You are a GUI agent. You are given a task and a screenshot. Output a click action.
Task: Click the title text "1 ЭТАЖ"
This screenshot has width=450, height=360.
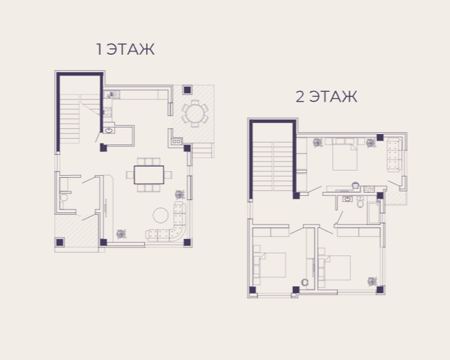pos(125,49)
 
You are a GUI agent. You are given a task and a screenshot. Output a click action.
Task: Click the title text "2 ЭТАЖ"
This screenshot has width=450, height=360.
pos(326,96)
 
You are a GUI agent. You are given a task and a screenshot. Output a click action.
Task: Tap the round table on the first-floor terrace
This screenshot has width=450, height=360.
pos(195,113)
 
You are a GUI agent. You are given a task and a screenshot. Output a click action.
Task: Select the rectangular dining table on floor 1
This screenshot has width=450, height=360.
pos(149,174)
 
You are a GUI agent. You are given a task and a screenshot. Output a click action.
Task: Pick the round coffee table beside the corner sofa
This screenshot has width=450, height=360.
pos(160,215)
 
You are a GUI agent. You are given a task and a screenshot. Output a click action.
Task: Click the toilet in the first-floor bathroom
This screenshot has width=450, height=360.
pos(64,197)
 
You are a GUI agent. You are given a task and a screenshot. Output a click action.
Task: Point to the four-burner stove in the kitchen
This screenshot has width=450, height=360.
pos(107,112)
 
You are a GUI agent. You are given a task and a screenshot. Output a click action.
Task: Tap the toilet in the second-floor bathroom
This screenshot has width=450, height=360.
pos(361,202)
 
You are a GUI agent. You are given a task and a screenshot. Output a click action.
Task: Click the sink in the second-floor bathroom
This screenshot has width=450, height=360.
pos(348,199)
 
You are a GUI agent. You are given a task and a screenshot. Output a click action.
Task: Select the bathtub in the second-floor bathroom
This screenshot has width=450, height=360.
pos(374,213)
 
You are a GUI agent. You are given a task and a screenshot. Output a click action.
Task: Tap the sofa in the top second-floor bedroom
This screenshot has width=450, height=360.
pos(395,155)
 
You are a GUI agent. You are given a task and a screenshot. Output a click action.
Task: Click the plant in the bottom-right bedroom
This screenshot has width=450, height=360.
pos(373,281)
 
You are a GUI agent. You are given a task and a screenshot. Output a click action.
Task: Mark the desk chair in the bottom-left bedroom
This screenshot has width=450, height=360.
pos(305,283)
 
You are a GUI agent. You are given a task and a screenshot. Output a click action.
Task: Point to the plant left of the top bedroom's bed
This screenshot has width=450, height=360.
pos(318,143)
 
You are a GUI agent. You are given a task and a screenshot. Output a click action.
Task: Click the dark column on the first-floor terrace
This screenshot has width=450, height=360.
pos(187,90)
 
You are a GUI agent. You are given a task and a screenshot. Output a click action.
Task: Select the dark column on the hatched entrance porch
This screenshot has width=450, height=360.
pos(60,242)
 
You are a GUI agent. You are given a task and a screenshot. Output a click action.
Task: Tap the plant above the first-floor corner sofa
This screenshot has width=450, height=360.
pos(180,195)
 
